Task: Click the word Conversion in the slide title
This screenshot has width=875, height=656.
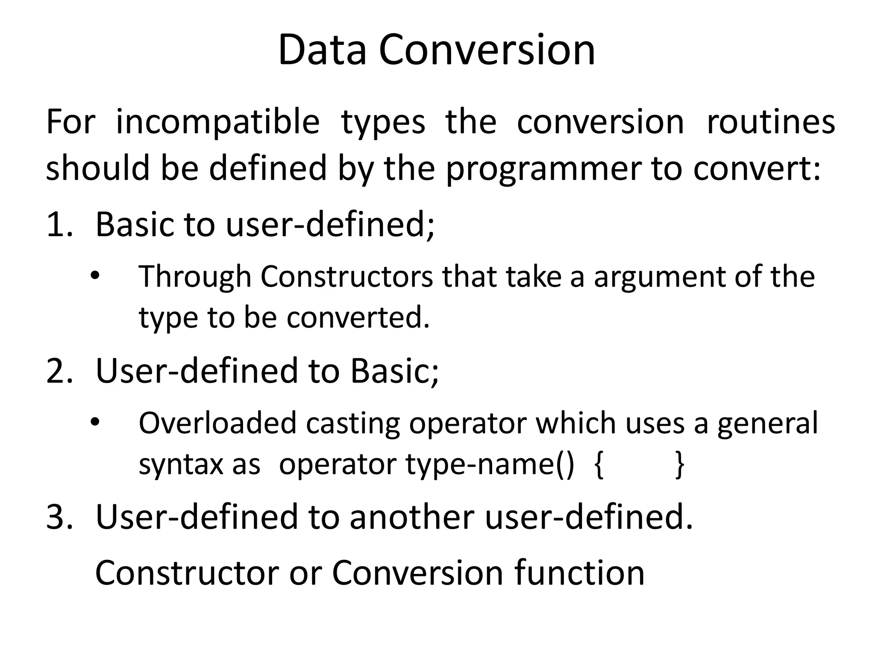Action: click(487, 50)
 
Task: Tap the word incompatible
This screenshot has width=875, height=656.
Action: click(217, 123)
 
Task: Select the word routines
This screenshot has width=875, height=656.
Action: click(771, 123)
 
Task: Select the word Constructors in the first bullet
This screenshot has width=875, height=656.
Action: click(346, 277)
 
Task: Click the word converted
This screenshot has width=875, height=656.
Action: click(358, 318)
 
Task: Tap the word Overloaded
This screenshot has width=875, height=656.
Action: click(217, 423)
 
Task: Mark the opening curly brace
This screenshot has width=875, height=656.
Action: click(599, 465)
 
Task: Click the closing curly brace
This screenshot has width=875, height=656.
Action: click(679, 465)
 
